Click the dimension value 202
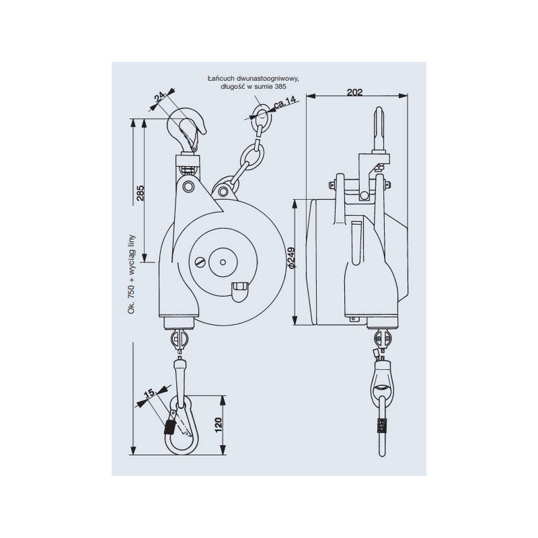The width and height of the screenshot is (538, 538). coord(357,93)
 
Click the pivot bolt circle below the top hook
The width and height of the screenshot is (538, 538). coord(189,186)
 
